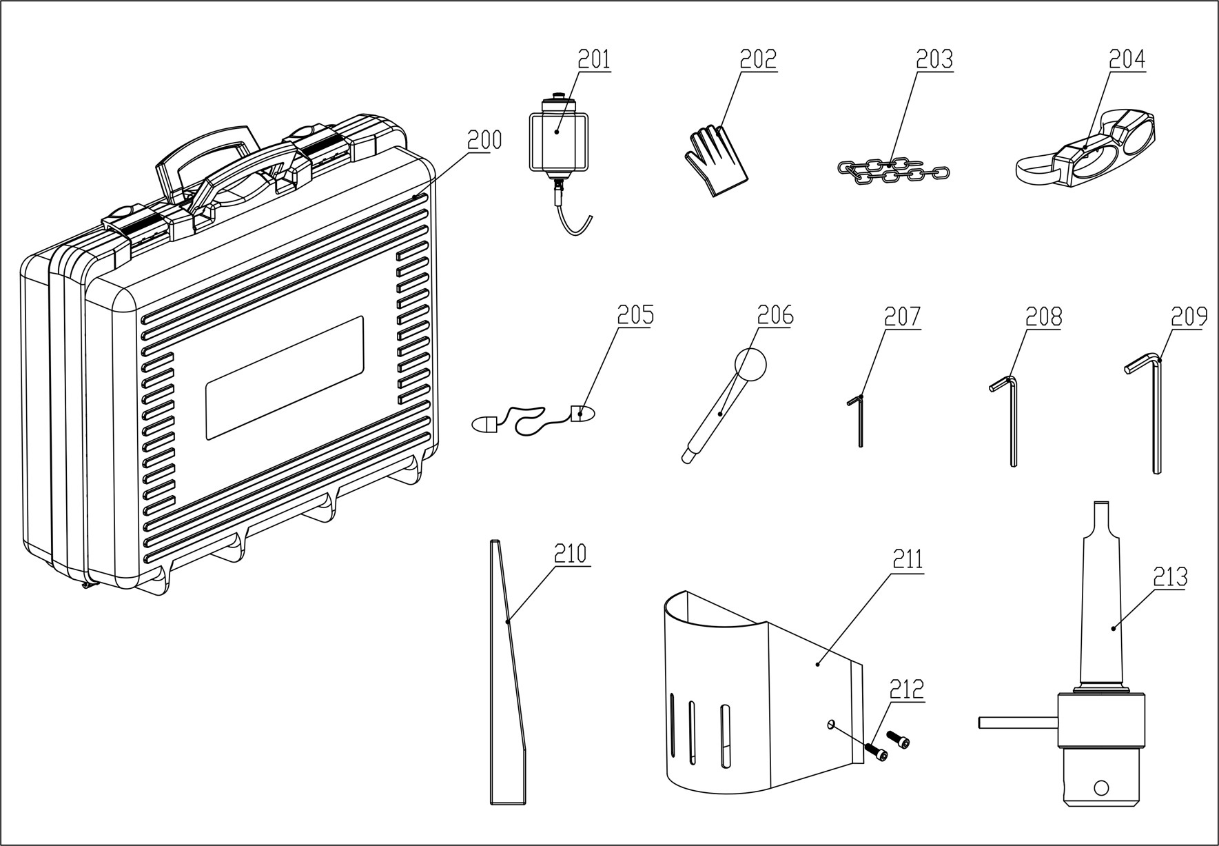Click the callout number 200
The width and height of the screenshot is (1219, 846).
tap(484, 141)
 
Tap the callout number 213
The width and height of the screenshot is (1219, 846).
tap(1170, 576)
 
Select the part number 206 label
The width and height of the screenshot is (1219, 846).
tap(775, 316)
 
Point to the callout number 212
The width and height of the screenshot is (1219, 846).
tap(906, 689)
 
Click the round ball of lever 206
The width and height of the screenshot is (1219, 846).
tap(750, 363)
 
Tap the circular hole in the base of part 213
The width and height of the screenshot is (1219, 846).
tap(1100, 787)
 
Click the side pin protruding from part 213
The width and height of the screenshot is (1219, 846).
tap(1016, 723)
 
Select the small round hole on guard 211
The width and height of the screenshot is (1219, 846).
tap(831, 723)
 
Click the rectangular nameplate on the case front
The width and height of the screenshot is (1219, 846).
tap(285, 378)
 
